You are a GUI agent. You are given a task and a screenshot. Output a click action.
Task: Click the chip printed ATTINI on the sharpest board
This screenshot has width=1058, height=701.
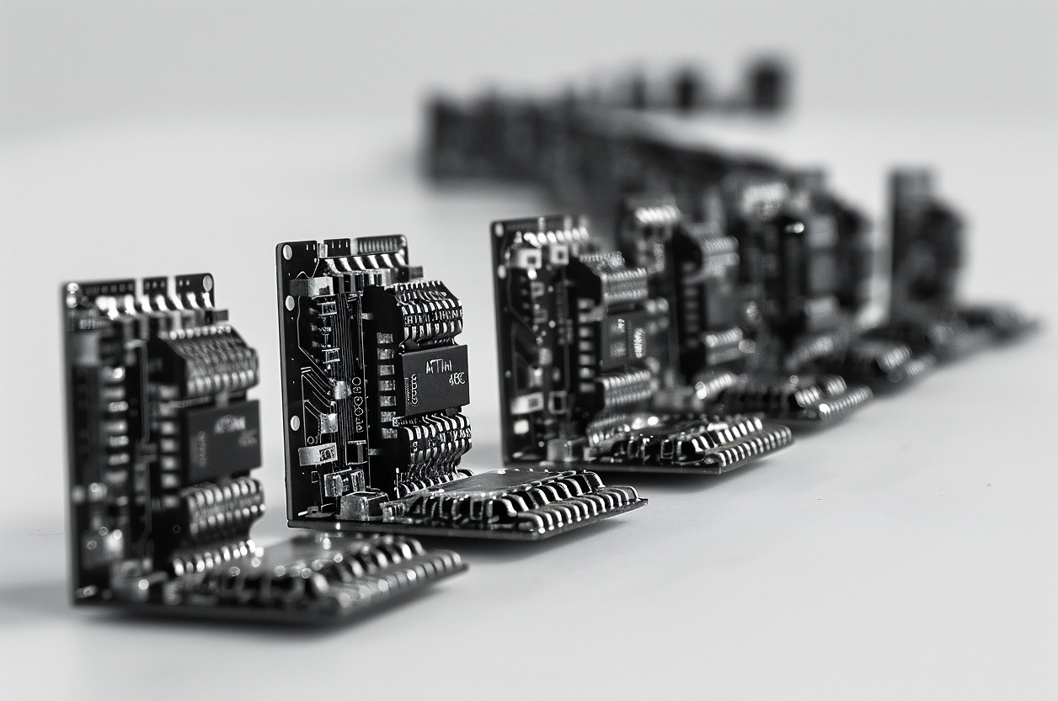click(x=434, y=380)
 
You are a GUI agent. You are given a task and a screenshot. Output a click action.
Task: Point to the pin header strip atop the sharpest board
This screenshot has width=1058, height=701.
click(x=379, y=245)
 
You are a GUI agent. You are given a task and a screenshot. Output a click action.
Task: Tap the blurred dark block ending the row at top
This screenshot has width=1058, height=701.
click(x=767, y=84)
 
